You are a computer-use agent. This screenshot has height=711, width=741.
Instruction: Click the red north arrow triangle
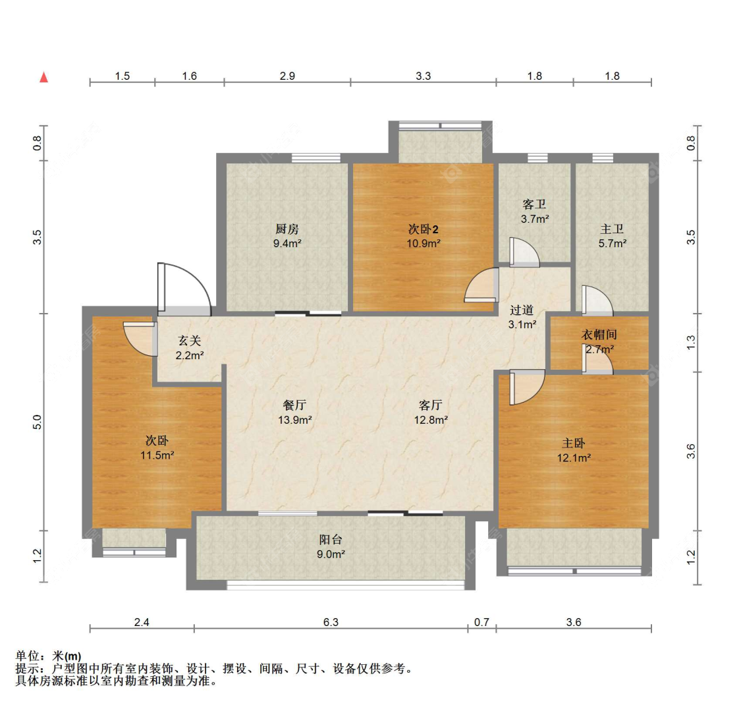pyautogui.click(x=44, y=77)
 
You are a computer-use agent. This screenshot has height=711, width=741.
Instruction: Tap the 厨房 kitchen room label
pyautogui.click(x=287, y=229)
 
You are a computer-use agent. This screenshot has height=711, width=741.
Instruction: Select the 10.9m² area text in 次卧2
pyautogui.click(x=423, y=243)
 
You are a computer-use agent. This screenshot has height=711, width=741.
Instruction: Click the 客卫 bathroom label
pyautogui.click(x=534, y=205)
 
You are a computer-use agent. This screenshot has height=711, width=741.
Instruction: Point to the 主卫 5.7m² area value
pyautogui.click(x=612, y=243)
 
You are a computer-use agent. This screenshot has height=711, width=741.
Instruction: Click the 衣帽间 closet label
pyautogui.click(x=599, y=335)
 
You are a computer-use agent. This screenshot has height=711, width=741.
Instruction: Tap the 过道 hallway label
pyautogui.click(x=522, y=310)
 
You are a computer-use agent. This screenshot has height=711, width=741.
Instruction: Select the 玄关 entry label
pyautogui.click(x=189, y=341)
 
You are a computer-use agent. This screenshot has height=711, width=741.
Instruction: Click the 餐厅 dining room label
pyautogui.click(x=294, y=405)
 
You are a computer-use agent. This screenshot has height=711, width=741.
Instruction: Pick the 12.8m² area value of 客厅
pyautogui.click(x=431, y=420)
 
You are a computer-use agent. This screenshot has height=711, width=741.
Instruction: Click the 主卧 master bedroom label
pyautogui.click(x=573, y=443)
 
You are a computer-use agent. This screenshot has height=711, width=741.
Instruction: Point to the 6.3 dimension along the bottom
pyautogui.click(x=331, y=622)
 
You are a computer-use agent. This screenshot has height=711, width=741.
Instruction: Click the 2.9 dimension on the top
pyautogui.click(x=287, y=76)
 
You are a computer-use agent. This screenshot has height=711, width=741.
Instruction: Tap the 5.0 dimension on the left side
pyautogui.click(x=38, y=422)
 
